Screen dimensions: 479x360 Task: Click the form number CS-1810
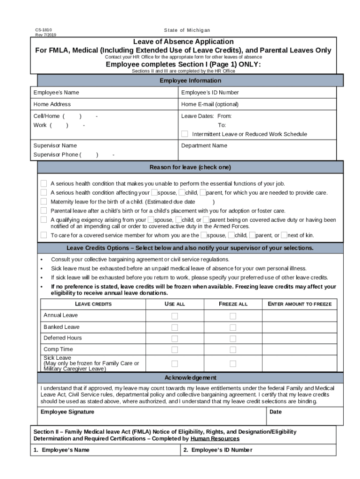(x=43, y=30)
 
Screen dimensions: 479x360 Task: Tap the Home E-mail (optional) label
(x=209, y=104)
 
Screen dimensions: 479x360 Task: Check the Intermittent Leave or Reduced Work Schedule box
(x=185, y=134)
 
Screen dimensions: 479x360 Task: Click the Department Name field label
(x=204, y=145)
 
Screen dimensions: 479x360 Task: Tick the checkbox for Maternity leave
(x=43, y=202)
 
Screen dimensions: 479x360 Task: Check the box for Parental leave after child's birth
(x=43, y=210)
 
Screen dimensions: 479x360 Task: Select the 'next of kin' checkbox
(x=284, y=235)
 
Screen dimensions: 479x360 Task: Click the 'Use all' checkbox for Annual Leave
(x=174, y=316)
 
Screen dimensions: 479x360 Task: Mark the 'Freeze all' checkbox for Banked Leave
(x=233, y=327)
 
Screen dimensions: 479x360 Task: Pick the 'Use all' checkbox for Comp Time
(x=174, y=349)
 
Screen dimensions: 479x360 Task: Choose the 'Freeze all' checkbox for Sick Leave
(x=233, y=363)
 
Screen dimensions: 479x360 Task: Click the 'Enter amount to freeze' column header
(x=299, y=304)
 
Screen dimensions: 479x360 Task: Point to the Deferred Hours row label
(x=63, y=338)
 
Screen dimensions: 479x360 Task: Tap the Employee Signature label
(x=67, y=412)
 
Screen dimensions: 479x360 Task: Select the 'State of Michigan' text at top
(x=184, y=30)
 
